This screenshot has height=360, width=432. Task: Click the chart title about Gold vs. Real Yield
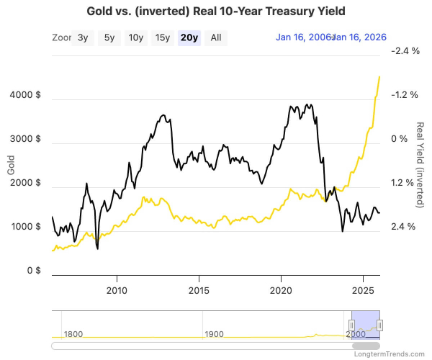pos(216,12)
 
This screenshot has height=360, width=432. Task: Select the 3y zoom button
pos(83,38)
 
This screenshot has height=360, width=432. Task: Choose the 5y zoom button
pos(109,38)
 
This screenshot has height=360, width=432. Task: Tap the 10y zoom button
pos(135,38)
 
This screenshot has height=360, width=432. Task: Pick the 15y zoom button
pos(163,38)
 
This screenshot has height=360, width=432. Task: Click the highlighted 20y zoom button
pos(189,38)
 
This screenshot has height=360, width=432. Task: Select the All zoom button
pos(215,38)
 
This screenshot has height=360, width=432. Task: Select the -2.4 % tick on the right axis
pos(403,51)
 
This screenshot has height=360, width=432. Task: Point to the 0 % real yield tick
pos(399,139)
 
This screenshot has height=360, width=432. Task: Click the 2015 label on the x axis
pos(199,290)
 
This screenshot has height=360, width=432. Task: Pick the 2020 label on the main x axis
pos(281,290)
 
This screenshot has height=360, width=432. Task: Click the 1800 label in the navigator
pos(74,334)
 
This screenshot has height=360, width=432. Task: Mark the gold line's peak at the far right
pos(379,76)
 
